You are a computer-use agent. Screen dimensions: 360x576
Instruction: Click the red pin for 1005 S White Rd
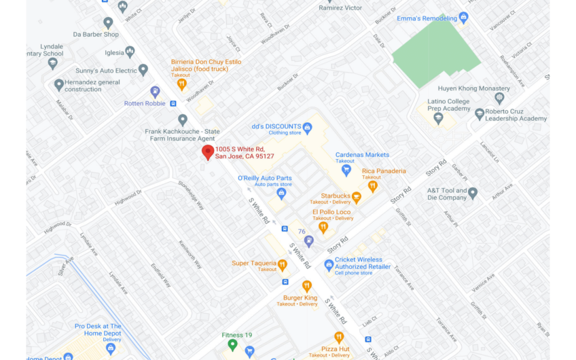click(208, 152)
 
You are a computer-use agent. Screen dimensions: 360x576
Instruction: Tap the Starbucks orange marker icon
click(356, 197)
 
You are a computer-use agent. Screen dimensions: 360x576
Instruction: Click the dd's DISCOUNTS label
click(276, 126)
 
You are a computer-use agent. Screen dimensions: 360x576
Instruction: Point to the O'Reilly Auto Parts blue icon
click(281, 193)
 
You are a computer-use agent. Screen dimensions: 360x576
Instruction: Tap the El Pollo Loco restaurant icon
click(323, 227)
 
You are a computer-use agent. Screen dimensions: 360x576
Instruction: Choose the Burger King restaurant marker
click(306, 286)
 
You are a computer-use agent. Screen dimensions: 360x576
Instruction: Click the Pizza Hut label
click(336, 348)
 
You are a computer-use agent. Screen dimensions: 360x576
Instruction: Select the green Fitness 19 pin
click(232, 344)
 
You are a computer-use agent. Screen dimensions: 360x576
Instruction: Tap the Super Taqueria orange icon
click(283, 264)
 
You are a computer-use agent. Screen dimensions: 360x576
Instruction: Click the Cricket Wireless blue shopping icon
click(329, 264)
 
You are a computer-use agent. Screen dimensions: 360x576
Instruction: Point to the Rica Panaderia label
click(384, 171)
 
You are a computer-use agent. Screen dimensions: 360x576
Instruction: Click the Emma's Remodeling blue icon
click(463, 18)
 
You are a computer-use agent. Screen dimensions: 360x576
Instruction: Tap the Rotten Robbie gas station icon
click(156, 92)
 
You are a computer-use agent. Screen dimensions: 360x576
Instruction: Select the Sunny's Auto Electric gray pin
click(143, 70)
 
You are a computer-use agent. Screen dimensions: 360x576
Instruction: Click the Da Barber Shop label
click(96, 35)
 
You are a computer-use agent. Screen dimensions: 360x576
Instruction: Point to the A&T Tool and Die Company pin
click(473, 193)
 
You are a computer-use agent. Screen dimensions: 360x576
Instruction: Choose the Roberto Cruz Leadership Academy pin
click(480, 113)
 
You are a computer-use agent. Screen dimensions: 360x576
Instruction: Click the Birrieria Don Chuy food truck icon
click(181, 84)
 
